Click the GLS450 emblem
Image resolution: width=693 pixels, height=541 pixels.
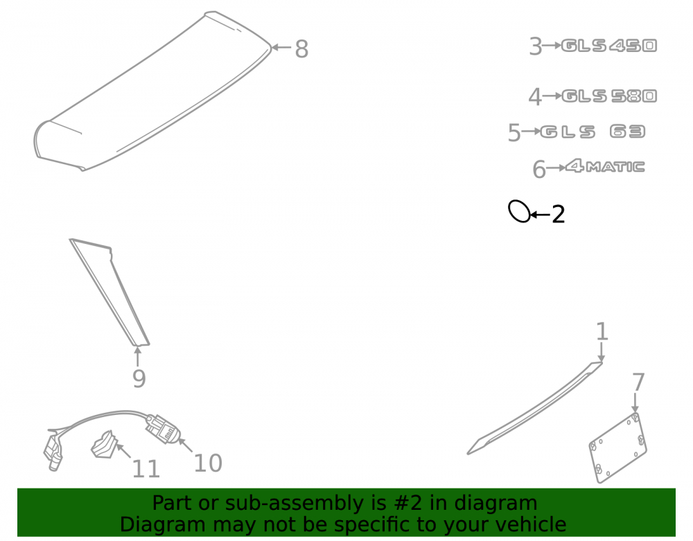click(x=609, y=46)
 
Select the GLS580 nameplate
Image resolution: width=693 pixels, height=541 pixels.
click(x=609, y=96)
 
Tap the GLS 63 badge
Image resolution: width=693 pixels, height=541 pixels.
click(x=593, y=132)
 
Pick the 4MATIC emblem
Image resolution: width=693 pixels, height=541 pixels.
click(x=605, y=166)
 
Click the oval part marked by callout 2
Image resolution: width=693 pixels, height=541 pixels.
click(x=509, y=211)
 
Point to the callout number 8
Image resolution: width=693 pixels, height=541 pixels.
click(x=301, y=49)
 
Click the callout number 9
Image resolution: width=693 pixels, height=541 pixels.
click(x=139, y=378)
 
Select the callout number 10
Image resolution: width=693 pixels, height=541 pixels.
click(x=208, y=463)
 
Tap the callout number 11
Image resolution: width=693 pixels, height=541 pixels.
click(x=146, y=469)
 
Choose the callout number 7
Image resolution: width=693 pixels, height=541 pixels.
click(x=638, y=382)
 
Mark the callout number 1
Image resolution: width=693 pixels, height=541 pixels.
click(x=602, y=332)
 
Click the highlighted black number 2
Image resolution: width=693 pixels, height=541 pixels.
click(x=558, y=215)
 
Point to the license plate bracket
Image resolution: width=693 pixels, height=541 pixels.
click(x=617, y=447)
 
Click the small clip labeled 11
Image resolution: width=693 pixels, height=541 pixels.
click(x=105, y=445)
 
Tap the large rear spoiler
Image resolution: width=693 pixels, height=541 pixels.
click(x=152, y=91)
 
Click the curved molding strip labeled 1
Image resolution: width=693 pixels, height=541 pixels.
click(x=535, y=409)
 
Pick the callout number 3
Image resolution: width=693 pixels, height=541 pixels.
click(x=535, y=46)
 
